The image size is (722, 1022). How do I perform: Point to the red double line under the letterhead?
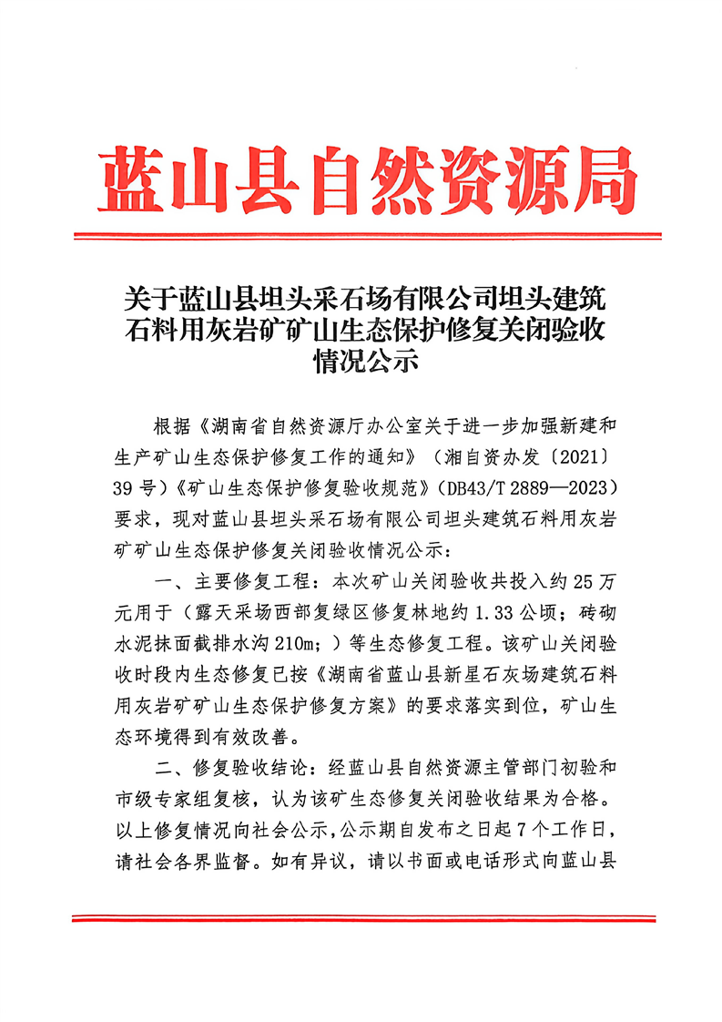361,237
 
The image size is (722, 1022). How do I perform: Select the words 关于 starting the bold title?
139,298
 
